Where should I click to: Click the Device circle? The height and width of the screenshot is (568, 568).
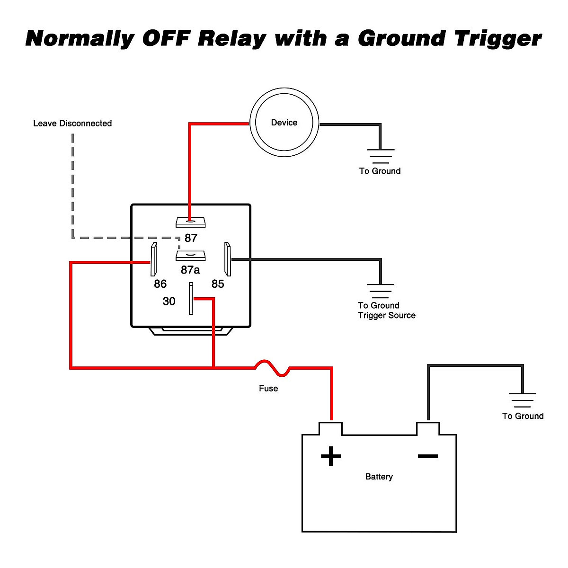click(284, 122)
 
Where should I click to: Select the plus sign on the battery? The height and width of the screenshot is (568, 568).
click(331, 456)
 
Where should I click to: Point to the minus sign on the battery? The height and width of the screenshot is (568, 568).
click(427, 456)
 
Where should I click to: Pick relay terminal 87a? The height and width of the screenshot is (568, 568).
click(190, 256)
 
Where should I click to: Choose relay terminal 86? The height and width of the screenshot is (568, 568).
click(153, 259)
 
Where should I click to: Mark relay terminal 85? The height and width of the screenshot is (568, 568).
click(228, 259)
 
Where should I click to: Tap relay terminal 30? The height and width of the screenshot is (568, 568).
click(191, 298)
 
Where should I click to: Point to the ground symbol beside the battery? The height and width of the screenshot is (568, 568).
click(523, 400)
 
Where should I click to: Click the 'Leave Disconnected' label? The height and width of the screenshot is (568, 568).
click(72, 124)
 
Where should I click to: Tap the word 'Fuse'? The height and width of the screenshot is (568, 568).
click(268, 389)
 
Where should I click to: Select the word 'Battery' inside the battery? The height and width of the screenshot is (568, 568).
click(379, 477)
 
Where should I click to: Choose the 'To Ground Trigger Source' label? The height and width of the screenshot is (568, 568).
click(386, 311)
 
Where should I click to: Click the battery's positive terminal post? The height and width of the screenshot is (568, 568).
click(331, 428)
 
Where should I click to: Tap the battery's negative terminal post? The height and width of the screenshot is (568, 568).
click(428, 428)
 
